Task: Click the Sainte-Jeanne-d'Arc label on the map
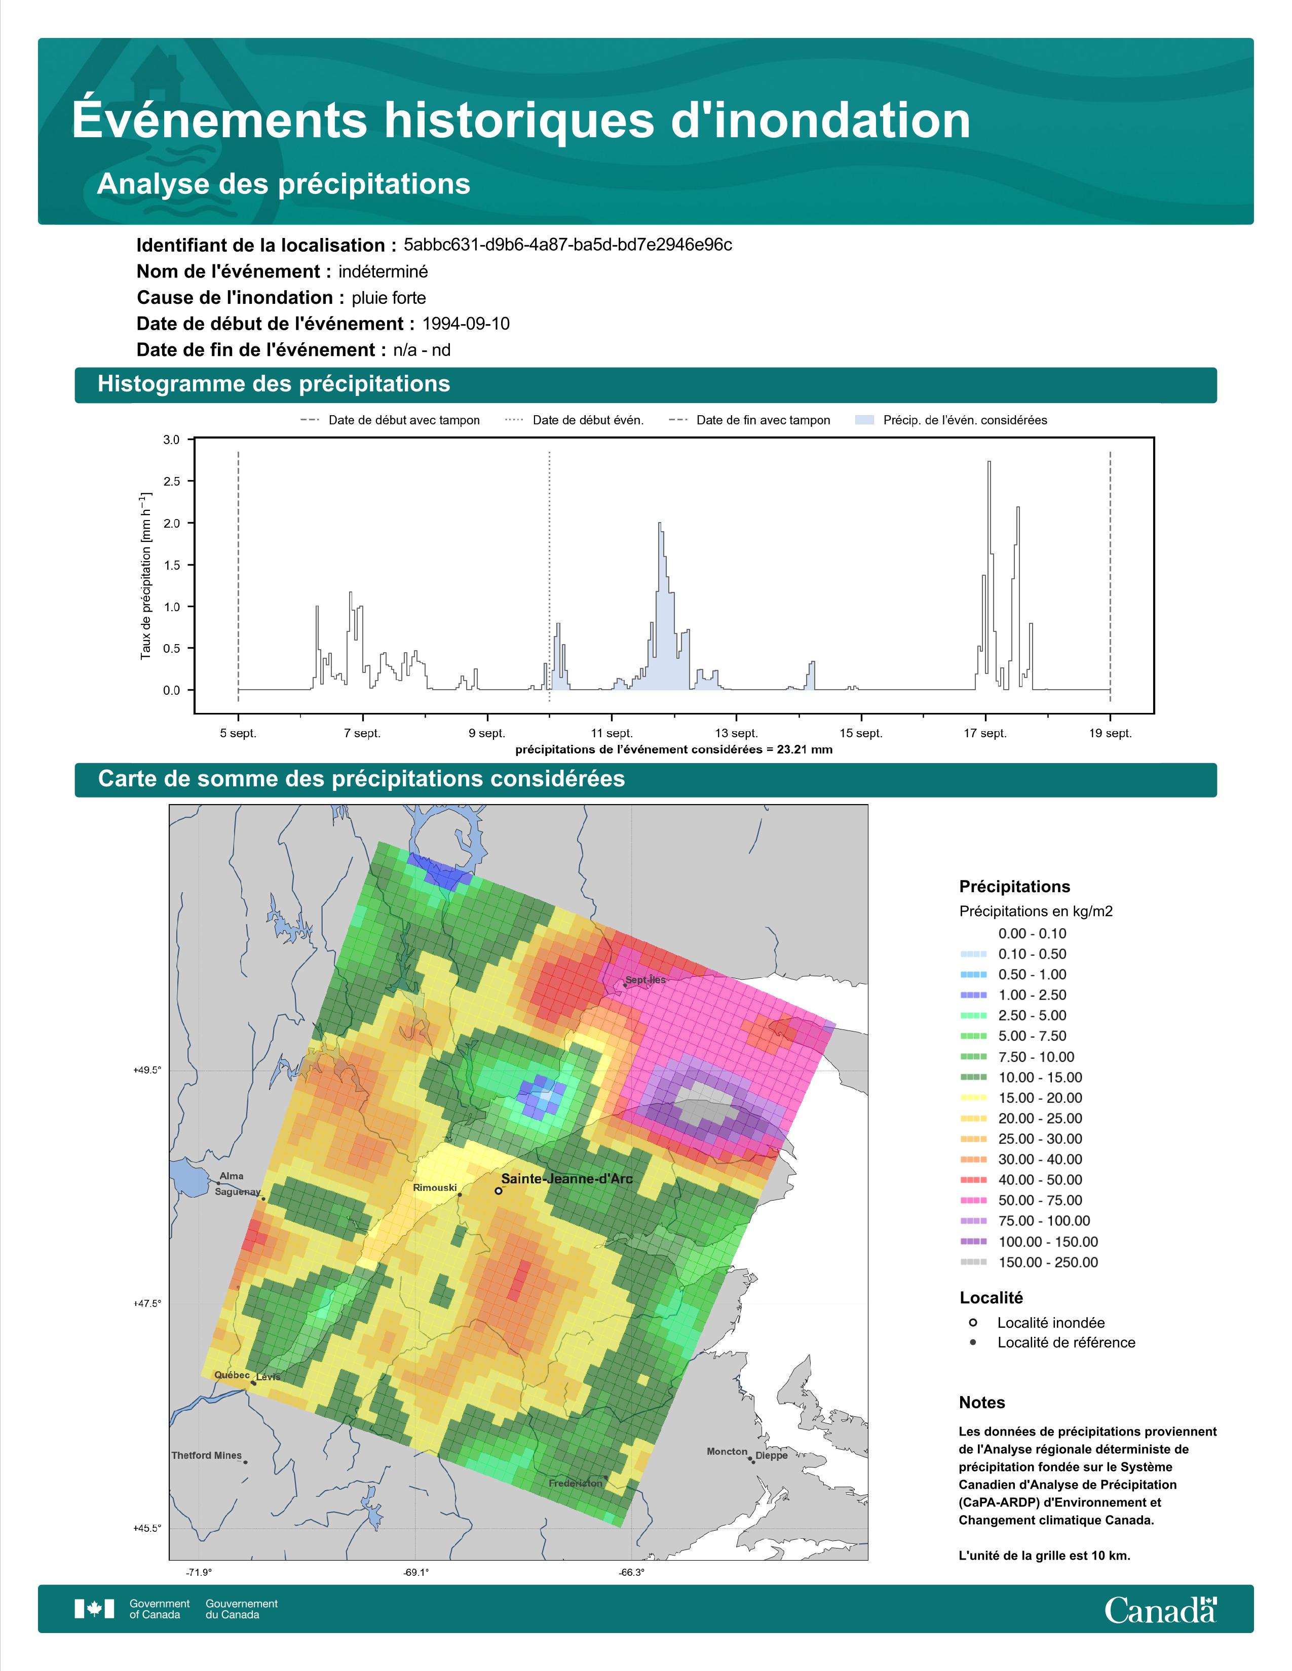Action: coord(566,1178)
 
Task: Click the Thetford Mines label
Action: coord(207,1455)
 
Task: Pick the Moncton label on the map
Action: coord(727,1451)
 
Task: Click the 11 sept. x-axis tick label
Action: coord(612,733)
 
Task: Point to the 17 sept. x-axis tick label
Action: coord(985,733)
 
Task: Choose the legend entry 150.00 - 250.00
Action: coord(1048,1262)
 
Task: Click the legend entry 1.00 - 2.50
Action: coord(1032,994)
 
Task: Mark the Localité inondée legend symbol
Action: coord(973,1322)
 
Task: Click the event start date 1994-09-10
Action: coord(465,324)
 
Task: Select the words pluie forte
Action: coord(389,298)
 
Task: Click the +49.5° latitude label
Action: coord(148,1069)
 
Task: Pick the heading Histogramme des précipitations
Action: coord(274,384)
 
